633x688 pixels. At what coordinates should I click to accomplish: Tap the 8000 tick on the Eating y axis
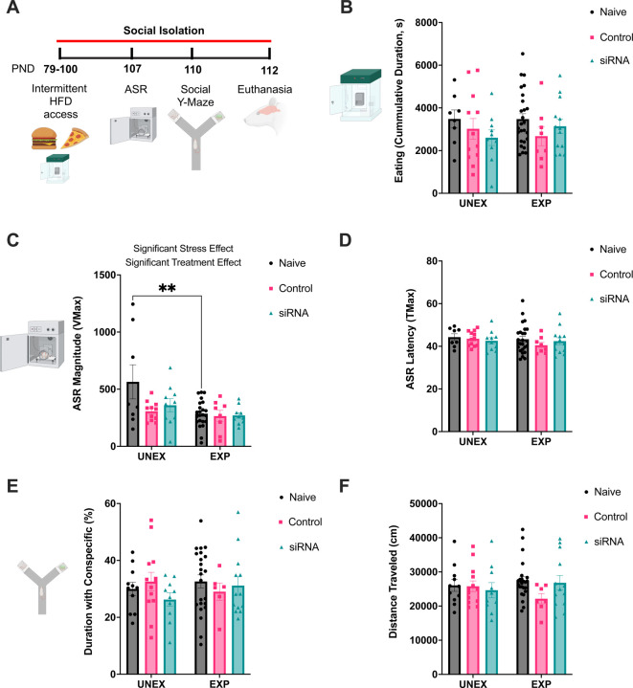(392, 22)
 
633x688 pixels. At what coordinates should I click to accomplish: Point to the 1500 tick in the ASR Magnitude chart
(92, 275)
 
